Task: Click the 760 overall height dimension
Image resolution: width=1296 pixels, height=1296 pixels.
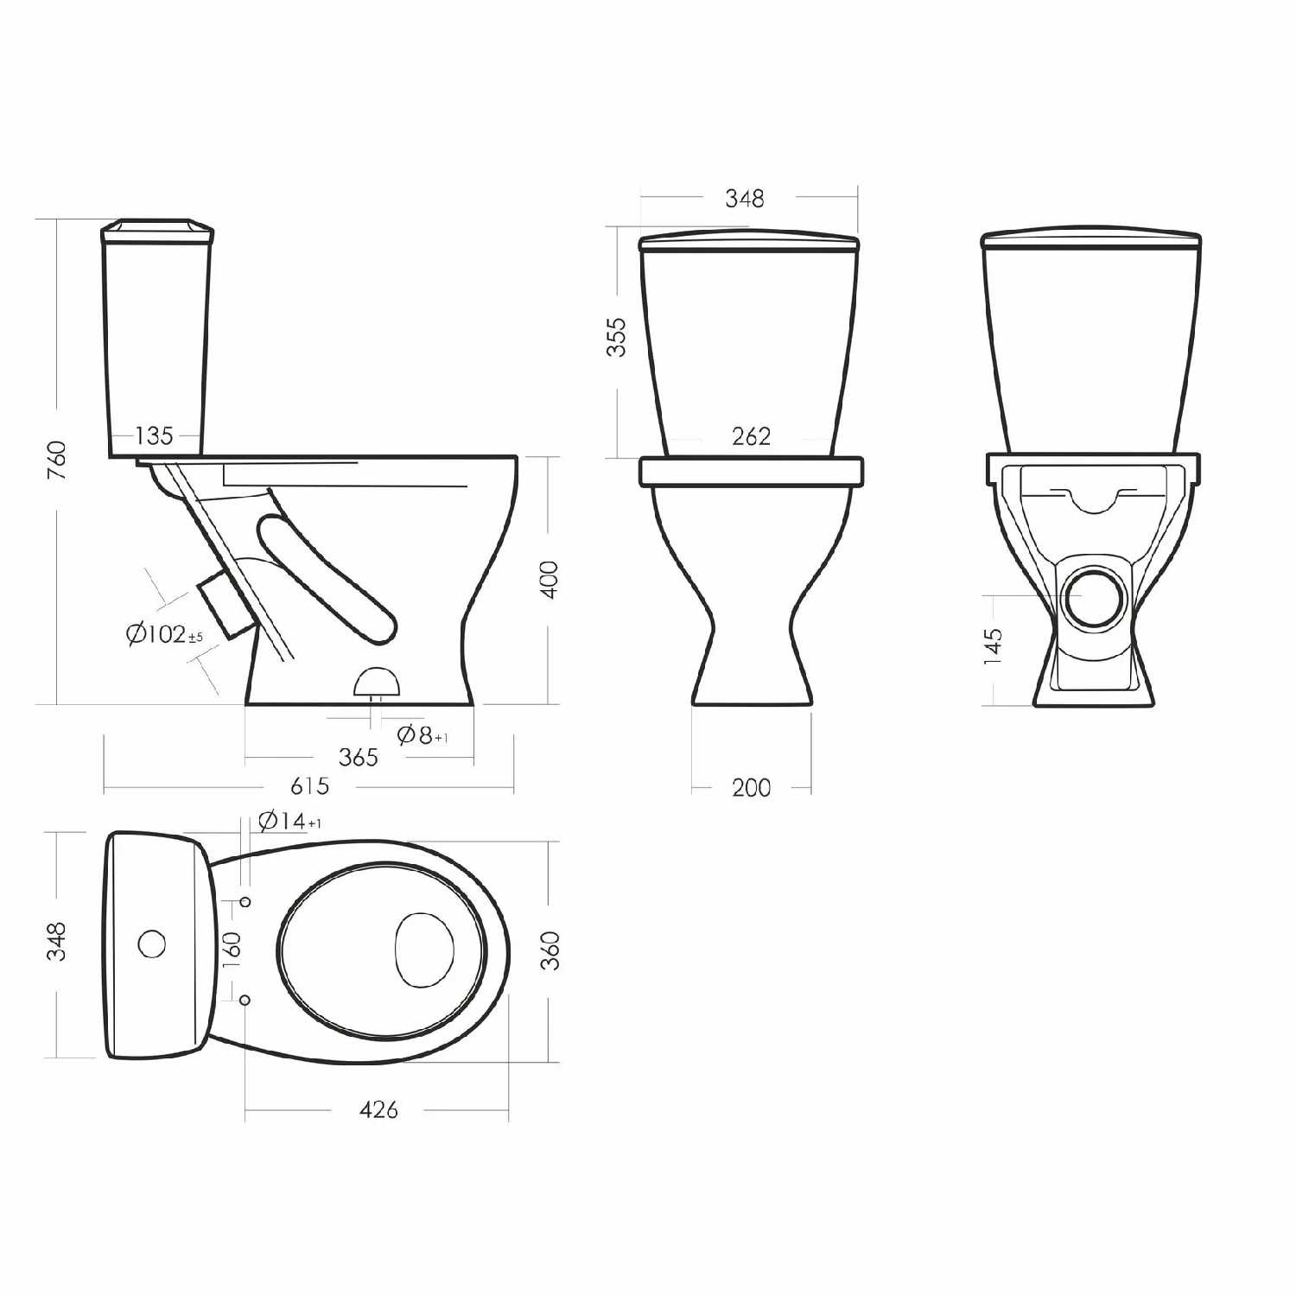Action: click(x=56, y=461)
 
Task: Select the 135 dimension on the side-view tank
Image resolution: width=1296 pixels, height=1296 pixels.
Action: click(x=154, y=435)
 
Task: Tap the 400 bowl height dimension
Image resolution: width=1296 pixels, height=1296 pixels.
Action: click(x=549, y=579)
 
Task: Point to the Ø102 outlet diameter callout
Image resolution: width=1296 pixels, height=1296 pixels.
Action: click(x=164, y=635)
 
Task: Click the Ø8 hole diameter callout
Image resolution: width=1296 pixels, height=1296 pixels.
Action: click(x=422, y=735)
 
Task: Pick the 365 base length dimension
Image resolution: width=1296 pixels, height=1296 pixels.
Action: click(x=358, y=758)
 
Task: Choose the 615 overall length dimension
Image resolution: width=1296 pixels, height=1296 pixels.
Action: click(x=309, y=786)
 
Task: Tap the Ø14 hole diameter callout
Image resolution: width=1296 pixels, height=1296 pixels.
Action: click(x=289, y=821)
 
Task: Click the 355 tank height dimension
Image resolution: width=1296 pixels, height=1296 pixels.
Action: click(x=616, y=337)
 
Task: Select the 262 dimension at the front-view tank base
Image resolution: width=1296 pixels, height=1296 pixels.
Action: click(x=751, y=436)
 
